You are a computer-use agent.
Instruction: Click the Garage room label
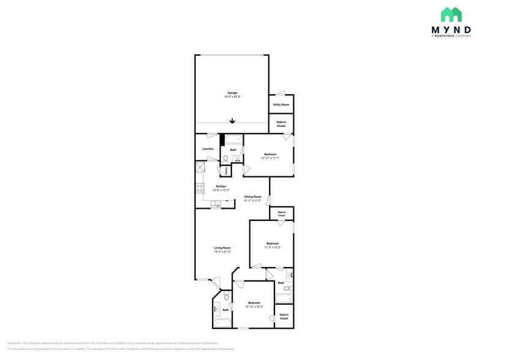pos(232,93)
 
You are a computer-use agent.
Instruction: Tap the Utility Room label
pos(281,105)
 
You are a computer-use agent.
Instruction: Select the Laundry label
pos(208,149)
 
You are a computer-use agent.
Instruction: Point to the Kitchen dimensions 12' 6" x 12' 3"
pos(221,190)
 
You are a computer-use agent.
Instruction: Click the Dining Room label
pos(253,197)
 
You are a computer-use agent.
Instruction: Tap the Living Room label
pos(222,247)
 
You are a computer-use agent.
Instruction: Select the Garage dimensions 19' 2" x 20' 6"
pos(232,97)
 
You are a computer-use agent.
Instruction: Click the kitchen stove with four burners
pos(200,186)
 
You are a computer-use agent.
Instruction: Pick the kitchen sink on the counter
pos(216,204)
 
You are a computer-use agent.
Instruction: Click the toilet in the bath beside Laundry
pos(225,159)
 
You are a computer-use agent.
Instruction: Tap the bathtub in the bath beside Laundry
pos(233,139)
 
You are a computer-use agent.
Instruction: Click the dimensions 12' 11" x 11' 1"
pos(270,158)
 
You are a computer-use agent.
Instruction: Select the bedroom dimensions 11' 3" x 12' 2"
pos(273,247)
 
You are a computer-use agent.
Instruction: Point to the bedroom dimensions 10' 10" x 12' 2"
pos(254,307)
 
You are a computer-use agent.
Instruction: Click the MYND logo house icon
pos(451,15)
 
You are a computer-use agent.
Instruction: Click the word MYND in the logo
pos(451,29)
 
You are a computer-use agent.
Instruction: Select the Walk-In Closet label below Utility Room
pos(281,124)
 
